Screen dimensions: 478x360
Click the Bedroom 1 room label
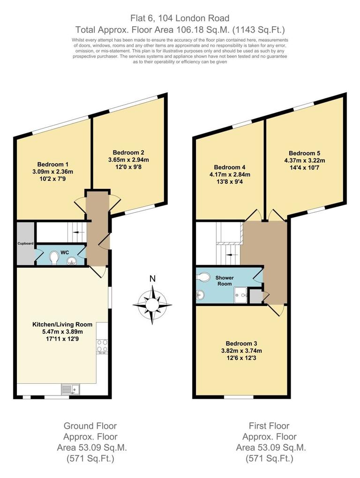coord(53,164)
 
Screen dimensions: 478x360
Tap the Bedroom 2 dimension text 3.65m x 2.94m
coord(128,160)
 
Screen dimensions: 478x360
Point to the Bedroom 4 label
coord(230,167)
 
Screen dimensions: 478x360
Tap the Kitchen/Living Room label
coord(62,324)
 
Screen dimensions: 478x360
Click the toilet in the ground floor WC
coord(53,257)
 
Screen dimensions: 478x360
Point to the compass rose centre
coord(152,305)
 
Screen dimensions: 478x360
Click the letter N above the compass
coord(152,279)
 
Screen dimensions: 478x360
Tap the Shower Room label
coord(225,281)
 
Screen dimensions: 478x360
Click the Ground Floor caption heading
coord(90,426)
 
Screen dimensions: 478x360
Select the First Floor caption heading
coord(269,426)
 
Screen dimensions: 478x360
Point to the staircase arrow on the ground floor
coord(78,232)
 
